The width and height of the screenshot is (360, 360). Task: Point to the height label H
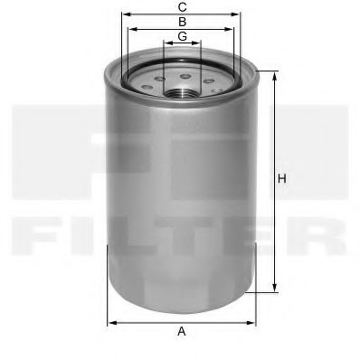pos(282,178)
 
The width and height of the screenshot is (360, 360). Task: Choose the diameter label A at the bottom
pos(182,332)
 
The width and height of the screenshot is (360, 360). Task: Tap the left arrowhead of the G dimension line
pos(166,43)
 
